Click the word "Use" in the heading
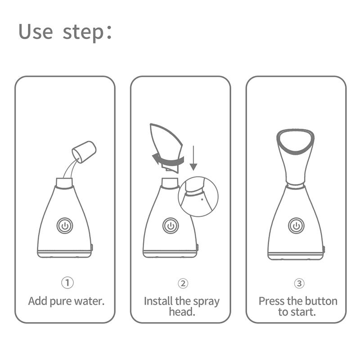[36, 32]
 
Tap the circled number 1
[67, 283]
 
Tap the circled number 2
[182, 283]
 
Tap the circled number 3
[299, 283]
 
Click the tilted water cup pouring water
[85, 151]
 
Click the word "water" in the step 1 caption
[89, 301]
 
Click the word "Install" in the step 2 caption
[157, 301]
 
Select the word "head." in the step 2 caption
[182, 312]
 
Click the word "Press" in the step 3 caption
[271, 301]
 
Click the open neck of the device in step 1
[64, 182]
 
